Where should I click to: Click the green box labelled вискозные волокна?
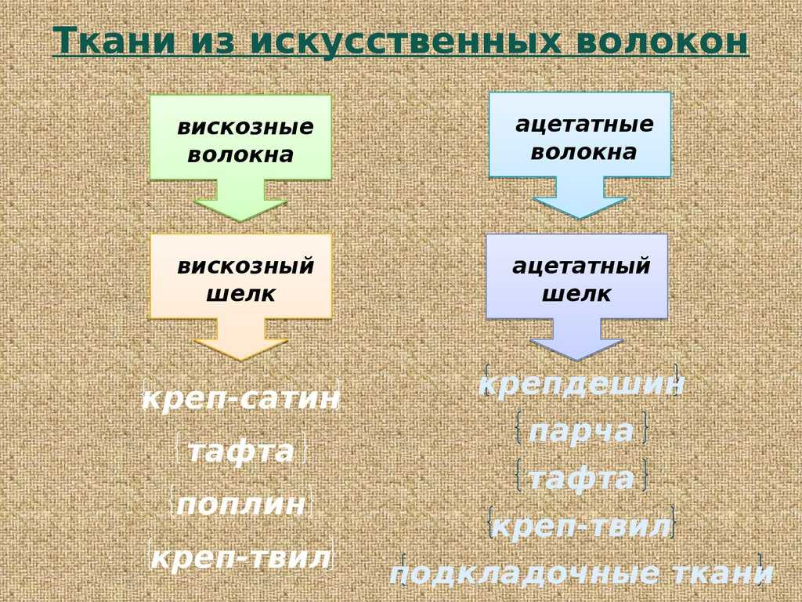coord(240,137)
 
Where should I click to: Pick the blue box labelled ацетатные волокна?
coord(580,135)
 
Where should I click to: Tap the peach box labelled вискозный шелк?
coord(240,277)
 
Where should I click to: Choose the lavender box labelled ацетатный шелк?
coord(577,277)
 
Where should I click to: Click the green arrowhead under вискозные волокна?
coord(240,207)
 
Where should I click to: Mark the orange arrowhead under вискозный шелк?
coord(240,347)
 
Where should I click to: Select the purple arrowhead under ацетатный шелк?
coord(577,347)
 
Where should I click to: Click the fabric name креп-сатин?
coord(240,397)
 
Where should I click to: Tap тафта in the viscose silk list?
coord(241,451)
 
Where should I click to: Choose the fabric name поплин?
coord(241,504)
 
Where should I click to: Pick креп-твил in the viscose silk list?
coord(241,557)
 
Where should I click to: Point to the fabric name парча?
coord(581,430)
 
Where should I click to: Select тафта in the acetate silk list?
coord(581,478)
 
